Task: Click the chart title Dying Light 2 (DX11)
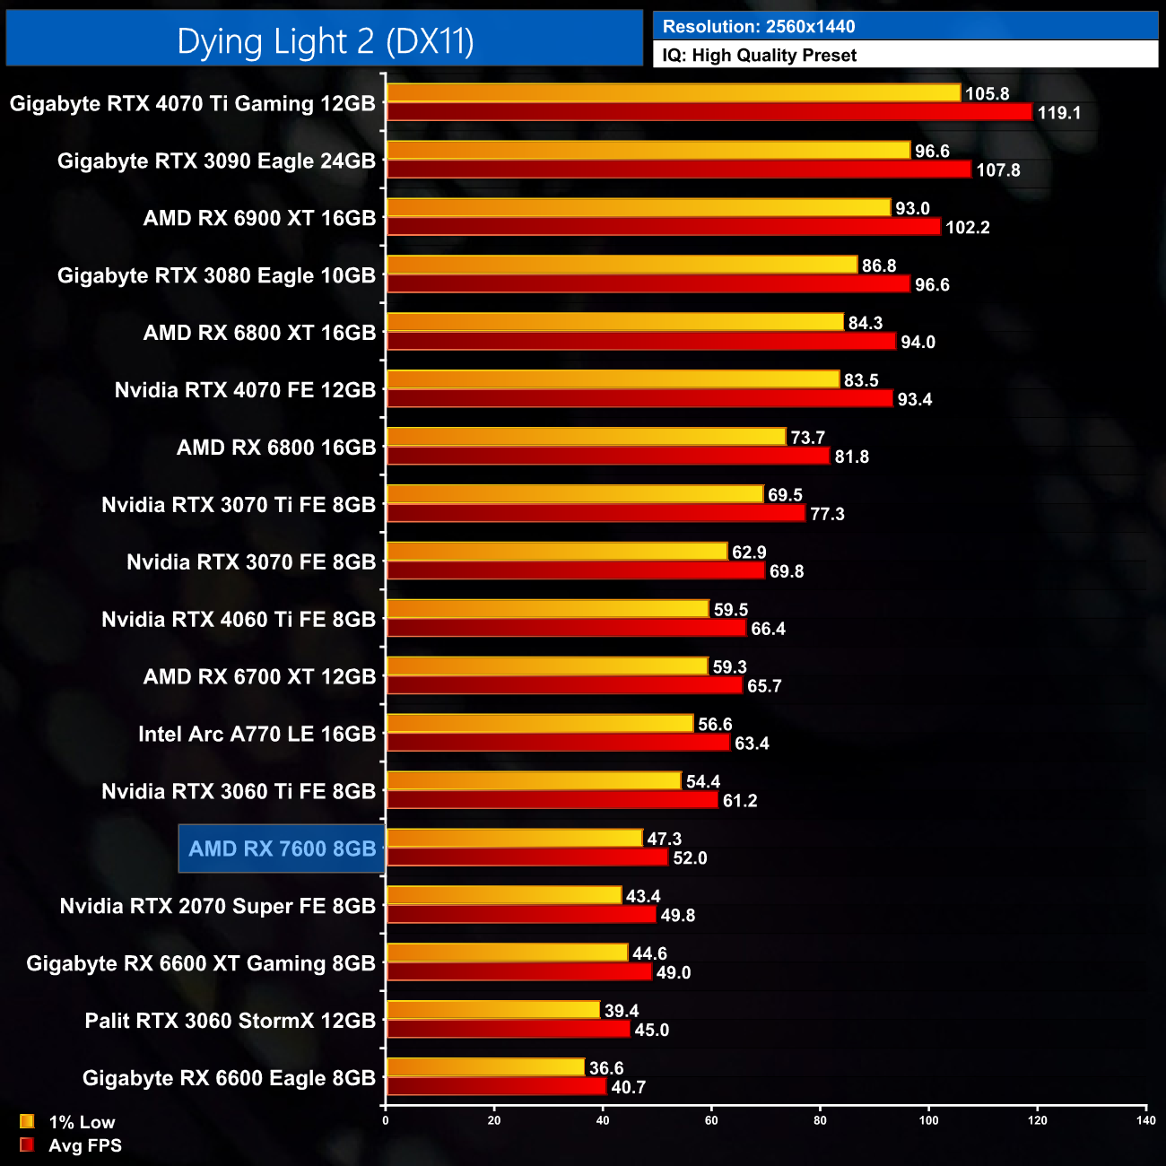click(x=325, y=41)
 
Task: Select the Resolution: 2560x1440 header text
click(x=759, y=27)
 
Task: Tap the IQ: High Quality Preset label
click(x=759, y=56)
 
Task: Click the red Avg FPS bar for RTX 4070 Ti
click(x=709, y=112)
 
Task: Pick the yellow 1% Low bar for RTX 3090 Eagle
click(x=648, y=151)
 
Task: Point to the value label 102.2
click(x=967, y=228)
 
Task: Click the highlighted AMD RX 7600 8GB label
click(x=282, y=848)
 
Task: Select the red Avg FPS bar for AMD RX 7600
click(x=527, y=857)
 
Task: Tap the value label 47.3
click(x=664, y=839)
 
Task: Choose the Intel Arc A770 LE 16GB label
click(x=257, y=735)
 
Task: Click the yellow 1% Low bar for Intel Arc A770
click(x=540, y=724)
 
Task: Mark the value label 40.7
click(x=628, y=1087)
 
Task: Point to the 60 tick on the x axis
click(x=711, y=1120)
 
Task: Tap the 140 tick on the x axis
click(x=1145, y=1120)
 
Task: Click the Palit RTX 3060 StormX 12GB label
click(x=230, y=1021)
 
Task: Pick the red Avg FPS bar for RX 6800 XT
click(x=640, y=342)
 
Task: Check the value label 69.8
click(x=786, y=571)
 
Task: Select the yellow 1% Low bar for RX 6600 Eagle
click(x=485, y=1067)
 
